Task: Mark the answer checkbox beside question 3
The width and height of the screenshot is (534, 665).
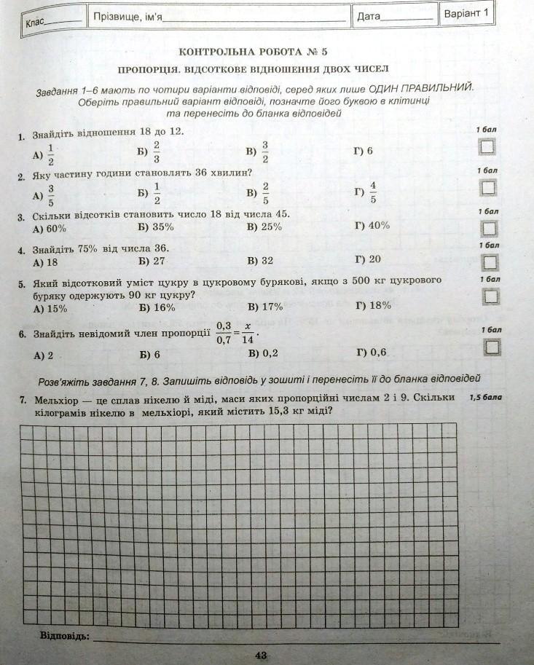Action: [489, 229]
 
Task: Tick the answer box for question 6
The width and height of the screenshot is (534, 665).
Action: [492, 347]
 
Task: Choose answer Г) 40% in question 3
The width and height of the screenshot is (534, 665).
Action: [372, 226]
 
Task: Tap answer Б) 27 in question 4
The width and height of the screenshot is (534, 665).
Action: [152, 260]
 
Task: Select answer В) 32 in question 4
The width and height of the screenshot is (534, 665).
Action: [260, 260]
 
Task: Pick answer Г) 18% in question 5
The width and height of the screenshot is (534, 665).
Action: [373, 306]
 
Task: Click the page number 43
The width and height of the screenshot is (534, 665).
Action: [262, 656]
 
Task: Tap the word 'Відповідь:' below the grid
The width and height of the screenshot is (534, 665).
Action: [65, 636]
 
